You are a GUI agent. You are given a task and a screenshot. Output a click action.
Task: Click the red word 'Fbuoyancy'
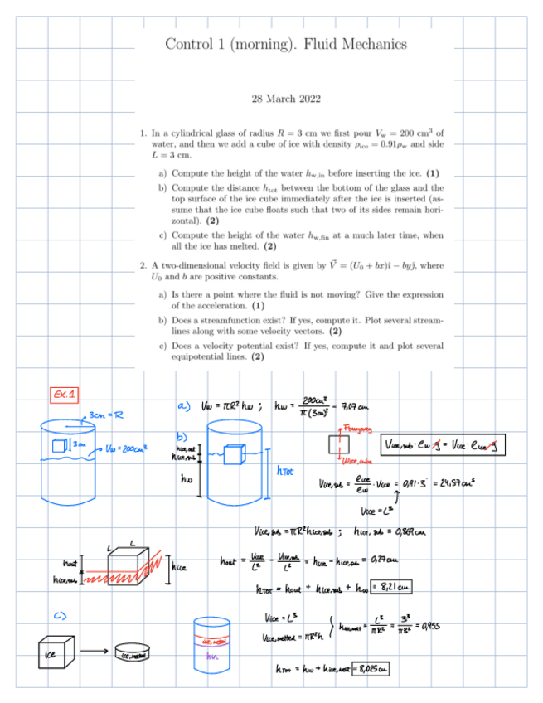pyautogui.click(x=358, y=429)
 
